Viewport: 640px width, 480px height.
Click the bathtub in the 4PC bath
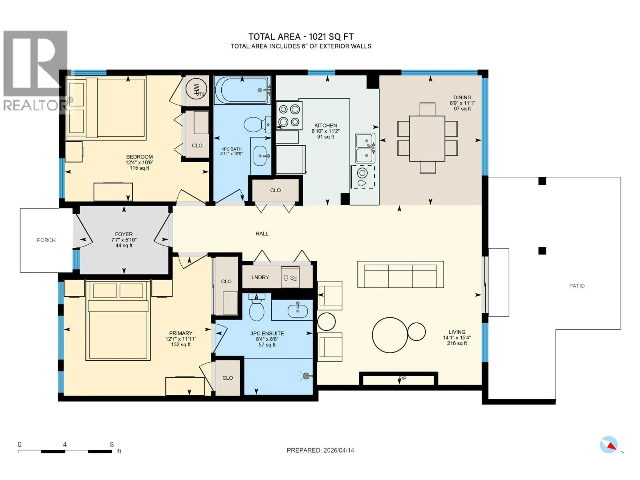click(242, 90)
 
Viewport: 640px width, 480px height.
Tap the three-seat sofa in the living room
click(400, 274)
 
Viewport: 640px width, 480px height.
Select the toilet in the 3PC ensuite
click(257, 308)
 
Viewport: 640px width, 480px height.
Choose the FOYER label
click(124, 234)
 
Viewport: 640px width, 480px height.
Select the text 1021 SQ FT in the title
click(331, 37)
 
